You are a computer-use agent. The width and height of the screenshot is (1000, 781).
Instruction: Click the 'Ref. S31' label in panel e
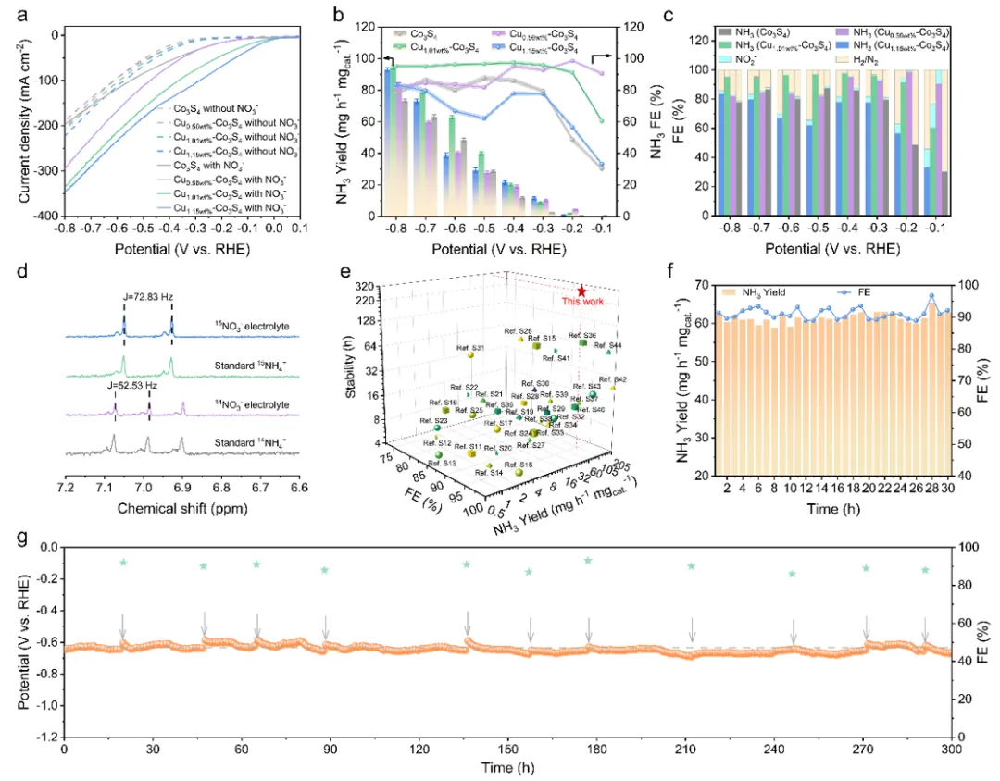(x=471, y=347)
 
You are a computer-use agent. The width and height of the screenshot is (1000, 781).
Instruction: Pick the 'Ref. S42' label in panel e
(x=613, y=379)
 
